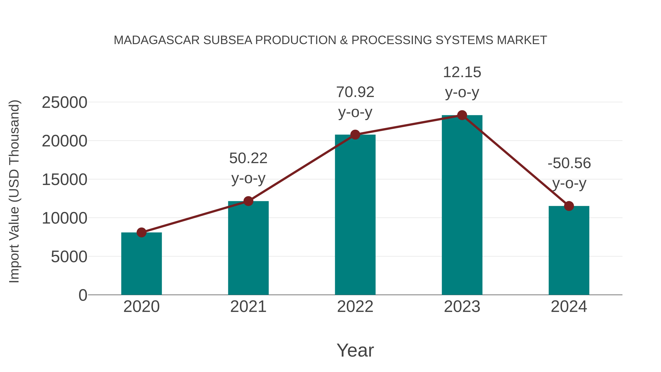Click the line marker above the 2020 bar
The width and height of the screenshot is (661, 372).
(141, 232)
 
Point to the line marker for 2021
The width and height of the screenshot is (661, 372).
(248, 201)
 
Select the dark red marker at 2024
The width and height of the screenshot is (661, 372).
(569, 206)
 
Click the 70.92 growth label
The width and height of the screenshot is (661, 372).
(355, 92)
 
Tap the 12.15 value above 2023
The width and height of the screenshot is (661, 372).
(462, 72)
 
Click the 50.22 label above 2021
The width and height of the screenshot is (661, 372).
(248, 158)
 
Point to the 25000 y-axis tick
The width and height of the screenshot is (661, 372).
(64, 103)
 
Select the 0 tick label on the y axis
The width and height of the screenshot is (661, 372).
(83, 295)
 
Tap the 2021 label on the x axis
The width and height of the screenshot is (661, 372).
(248, 307)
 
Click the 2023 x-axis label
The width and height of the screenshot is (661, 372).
(462, 307)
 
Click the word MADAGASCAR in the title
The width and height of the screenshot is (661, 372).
(156, 40)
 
